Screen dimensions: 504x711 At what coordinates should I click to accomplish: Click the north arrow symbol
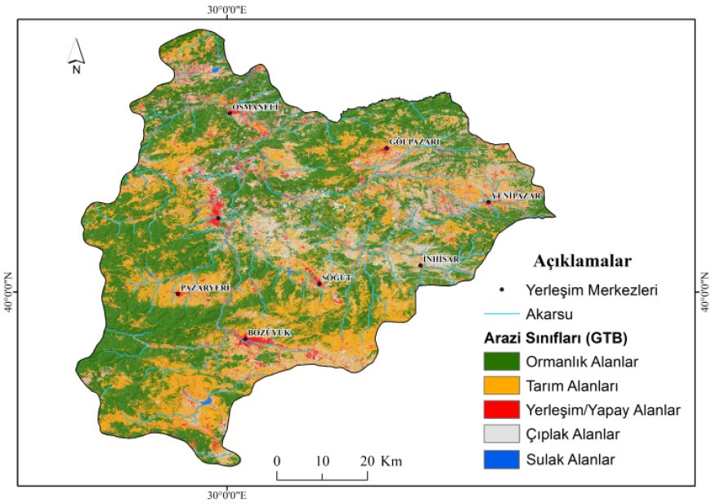[x=75, y=55]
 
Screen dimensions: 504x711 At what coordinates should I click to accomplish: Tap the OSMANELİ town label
[x=256, y=107]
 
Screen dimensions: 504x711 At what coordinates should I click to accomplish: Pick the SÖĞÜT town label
[x=337, y=278]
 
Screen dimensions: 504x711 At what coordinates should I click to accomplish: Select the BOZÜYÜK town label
[x=269, y=334]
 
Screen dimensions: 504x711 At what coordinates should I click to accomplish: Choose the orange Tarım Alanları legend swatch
[x=505, y=385]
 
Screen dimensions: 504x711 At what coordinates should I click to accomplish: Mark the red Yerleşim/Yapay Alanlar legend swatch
[x=505, y=409]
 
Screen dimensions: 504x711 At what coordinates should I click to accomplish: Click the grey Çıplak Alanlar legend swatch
[x=505, y=434]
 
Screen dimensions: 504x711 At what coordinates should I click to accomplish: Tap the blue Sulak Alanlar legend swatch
[x=505, y=459]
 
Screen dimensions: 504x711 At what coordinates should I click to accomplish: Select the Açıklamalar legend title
[x=582, y=262]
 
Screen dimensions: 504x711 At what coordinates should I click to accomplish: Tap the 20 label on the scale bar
[x=367, y=461]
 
